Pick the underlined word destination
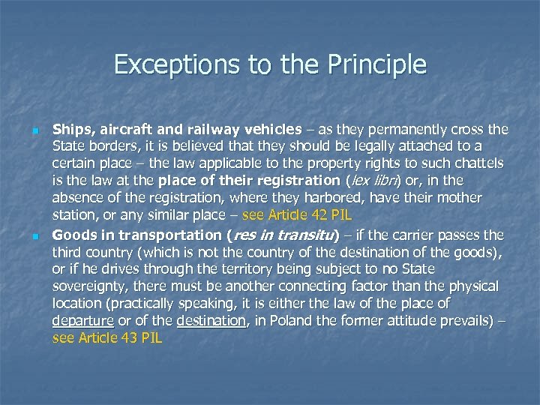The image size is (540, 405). [x=211, y=321]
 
